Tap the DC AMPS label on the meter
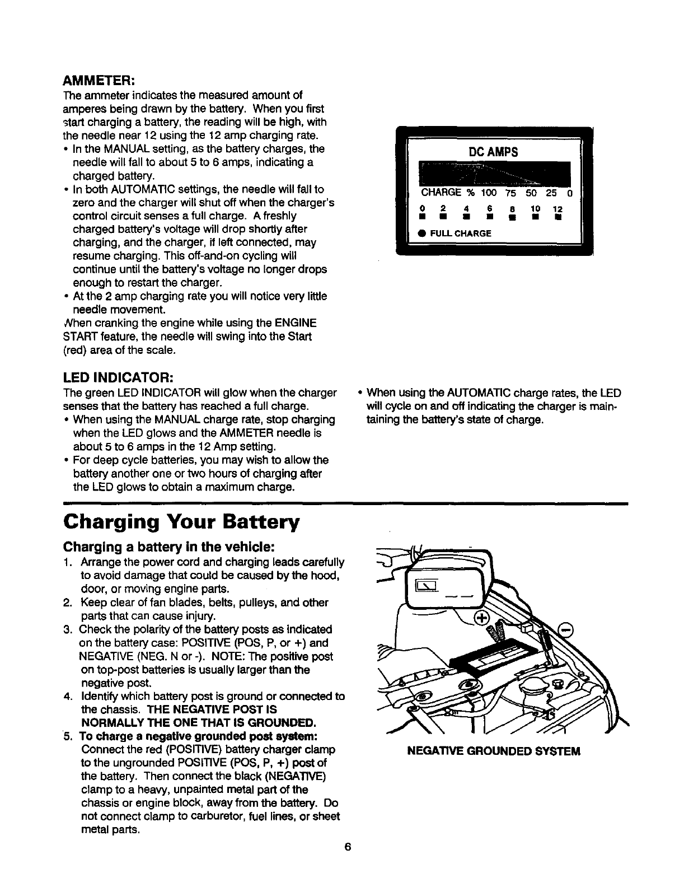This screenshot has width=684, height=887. click(x=493, y=152)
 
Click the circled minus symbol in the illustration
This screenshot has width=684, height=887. click(x=568, y=629)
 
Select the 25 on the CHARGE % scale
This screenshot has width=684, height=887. click(x=551, y=193)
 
